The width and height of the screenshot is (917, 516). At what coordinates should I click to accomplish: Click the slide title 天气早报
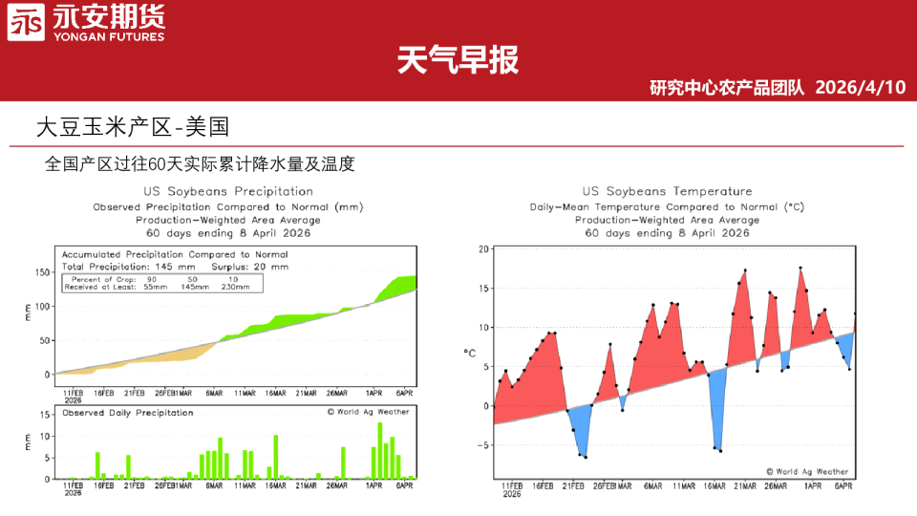point(458,60)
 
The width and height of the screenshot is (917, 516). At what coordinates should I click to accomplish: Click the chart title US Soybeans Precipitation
point(228,191)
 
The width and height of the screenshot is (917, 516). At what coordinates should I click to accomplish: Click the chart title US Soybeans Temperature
point(667,191)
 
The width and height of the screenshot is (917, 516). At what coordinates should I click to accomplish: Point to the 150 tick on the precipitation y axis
point(42,272)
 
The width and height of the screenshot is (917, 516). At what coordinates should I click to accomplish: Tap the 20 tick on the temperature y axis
point(483,249)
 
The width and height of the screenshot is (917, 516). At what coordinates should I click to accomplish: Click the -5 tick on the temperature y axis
point(483,445)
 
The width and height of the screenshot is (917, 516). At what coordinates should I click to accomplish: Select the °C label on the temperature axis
point(470,353)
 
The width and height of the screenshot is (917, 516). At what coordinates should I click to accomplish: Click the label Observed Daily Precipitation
point(127,413)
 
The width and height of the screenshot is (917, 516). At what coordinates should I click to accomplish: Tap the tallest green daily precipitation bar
point(380,450)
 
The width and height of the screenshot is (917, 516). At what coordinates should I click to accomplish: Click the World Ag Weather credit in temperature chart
point(806,470)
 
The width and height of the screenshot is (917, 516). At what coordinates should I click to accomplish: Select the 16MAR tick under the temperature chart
point(714,486)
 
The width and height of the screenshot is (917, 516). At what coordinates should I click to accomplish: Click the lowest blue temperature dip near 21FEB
point(585,458)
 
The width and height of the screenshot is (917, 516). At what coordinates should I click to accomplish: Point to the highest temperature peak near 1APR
point(800,269)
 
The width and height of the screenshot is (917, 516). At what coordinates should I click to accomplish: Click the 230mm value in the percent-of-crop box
point(235,287)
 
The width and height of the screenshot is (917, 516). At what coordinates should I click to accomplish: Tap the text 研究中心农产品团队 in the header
point(727,88)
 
